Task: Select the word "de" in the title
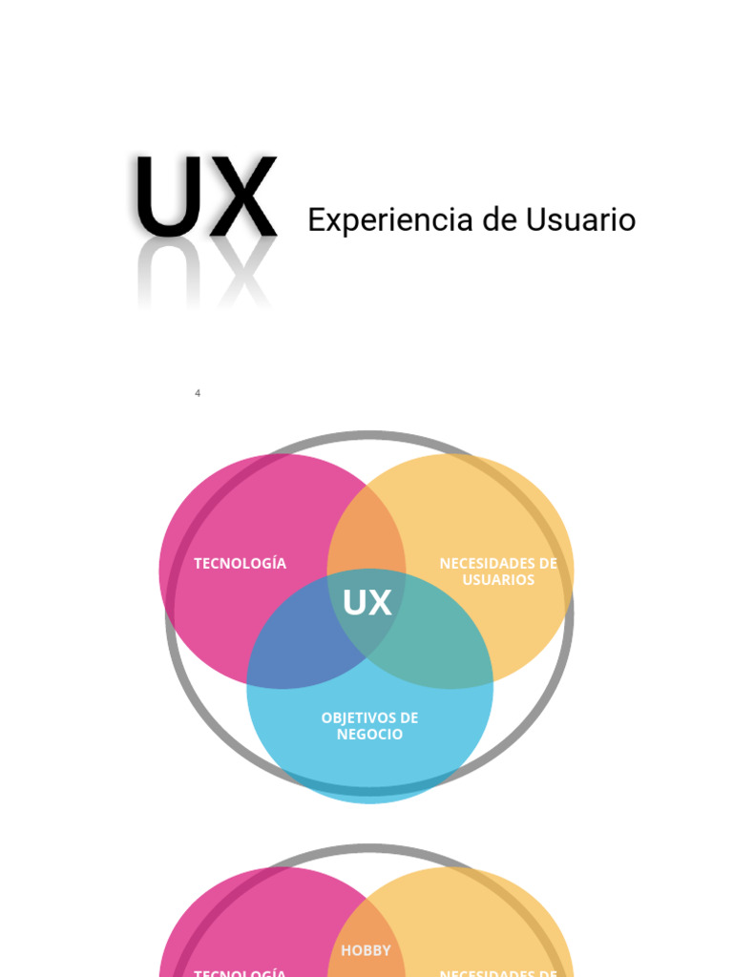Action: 498,220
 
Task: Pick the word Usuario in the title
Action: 580,220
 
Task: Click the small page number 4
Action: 198,393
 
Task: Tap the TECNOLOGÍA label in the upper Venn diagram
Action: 240,563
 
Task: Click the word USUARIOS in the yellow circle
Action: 498,580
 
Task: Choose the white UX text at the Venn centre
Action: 366,603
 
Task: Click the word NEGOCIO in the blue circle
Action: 369,735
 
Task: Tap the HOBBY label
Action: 366,950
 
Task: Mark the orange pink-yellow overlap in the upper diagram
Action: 366,534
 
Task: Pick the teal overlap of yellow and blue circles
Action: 434,649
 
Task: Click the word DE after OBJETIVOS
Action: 408,717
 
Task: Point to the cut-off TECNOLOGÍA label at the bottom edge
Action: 240,972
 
